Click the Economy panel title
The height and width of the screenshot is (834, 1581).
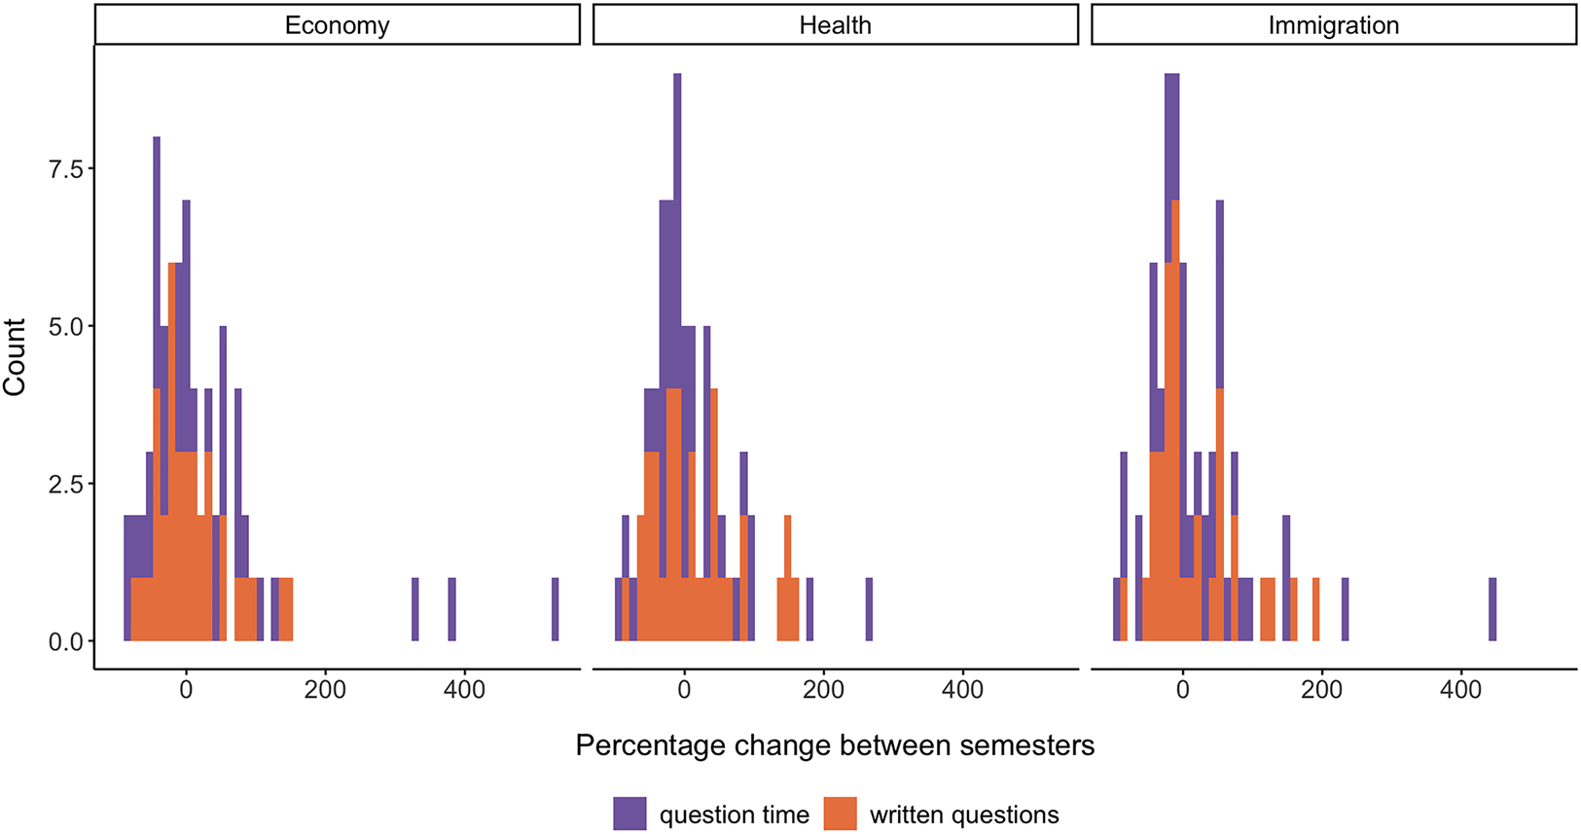[x=337, y=25]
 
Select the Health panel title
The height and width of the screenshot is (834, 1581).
[x=835, y=25]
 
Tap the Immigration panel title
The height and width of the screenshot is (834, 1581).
[x=1333, y=25]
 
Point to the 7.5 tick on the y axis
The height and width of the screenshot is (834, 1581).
[x=66, y=169]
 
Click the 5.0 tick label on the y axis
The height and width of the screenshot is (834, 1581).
[x=66, y=327]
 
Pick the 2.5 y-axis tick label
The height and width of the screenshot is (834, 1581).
[x=66, y=485]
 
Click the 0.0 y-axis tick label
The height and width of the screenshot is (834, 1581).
[x=66, y=642]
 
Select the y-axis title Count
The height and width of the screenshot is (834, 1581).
[x=15, y=356]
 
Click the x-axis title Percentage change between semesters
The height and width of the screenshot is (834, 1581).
[x=835, y=745]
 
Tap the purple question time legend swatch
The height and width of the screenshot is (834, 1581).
[x=629, y=814]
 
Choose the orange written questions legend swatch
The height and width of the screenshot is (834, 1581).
[x=840, y=814]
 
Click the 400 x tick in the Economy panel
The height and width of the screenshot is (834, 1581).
[x=464, y=689]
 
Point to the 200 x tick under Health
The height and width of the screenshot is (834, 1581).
[x=823, y=689]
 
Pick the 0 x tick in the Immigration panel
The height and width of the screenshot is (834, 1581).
[x=1182, y=689]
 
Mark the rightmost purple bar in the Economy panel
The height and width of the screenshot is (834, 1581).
[x=556, y=609]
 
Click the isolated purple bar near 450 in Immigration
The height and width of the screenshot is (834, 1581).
[x=1492, y=609]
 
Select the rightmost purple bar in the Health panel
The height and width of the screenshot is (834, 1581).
[x=869, y=609]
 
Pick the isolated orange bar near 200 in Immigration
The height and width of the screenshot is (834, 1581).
[x=1315, y=609]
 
